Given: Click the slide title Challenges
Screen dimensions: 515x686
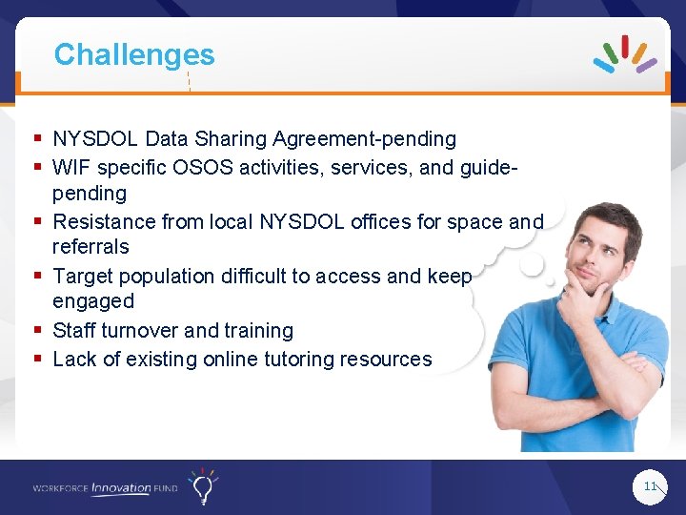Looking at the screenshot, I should point(134,55).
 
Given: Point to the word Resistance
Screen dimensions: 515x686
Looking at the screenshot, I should point(103,222).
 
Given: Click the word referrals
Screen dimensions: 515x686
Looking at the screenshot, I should point(91,247).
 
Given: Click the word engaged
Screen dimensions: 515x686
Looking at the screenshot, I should point(93,301).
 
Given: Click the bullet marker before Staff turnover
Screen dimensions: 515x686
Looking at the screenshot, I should point(37,331).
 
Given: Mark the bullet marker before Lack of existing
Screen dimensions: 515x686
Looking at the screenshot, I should point(37,360).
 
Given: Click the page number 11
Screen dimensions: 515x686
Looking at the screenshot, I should point(651,486).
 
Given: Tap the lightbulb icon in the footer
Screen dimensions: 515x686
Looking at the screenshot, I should point(202,486).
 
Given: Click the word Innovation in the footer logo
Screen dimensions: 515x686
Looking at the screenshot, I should point(121,488).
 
